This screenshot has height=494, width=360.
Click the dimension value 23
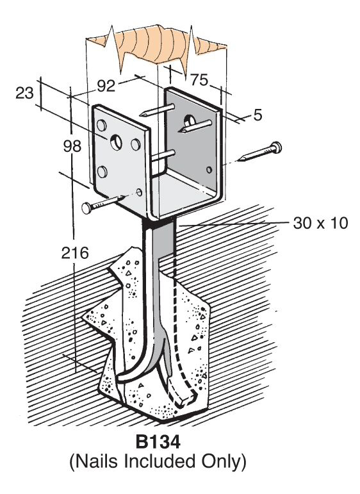[24, 94]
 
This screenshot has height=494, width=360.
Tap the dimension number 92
[106, 86]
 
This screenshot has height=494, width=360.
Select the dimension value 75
[199, 80]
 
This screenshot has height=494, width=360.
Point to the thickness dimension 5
[258, 115]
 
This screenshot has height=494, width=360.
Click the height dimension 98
[72, 146]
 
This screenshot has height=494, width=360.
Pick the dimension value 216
[75, 252]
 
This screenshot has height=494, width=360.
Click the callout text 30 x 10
[320, 223]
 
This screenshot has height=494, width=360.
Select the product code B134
[158, 442]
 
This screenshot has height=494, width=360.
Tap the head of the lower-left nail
[86, 208]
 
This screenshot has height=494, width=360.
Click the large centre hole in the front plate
[116, 142]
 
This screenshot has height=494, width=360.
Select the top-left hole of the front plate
[101, 125]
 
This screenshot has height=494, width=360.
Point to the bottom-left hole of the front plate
[101, 172]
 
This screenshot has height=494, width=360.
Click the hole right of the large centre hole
[135, 144]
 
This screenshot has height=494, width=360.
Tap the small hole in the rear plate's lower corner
[209, 170]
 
